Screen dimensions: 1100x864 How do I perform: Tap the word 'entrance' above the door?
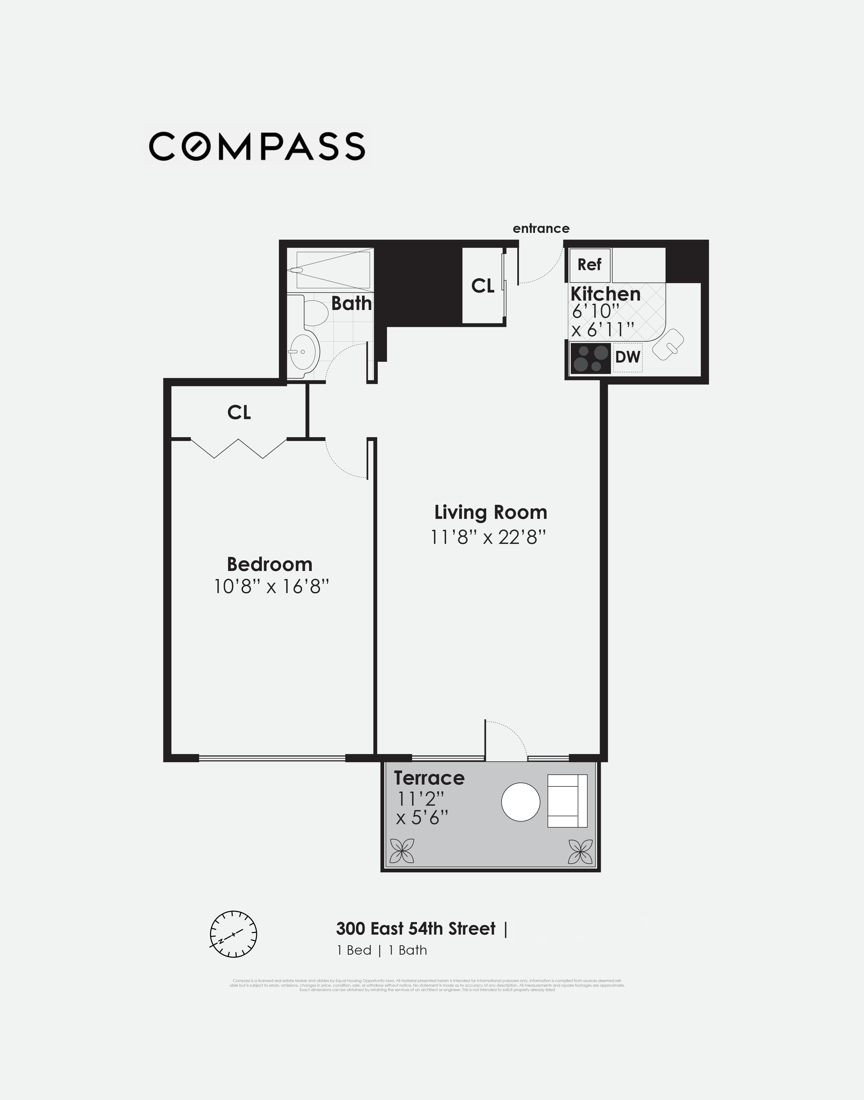click(x=541, y=228)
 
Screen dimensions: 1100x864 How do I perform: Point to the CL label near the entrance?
click(x=483, y=286)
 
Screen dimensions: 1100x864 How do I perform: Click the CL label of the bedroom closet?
click(x=239, y=413)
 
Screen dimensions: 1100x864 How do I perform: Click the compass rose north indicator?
click(x=233, y=934)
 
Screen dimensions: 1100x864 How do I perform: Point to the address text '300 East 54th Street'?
click(x=416, y=929)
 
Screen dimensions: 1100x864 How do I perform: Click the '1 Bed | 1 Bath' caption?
click(x=382, y=950)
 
